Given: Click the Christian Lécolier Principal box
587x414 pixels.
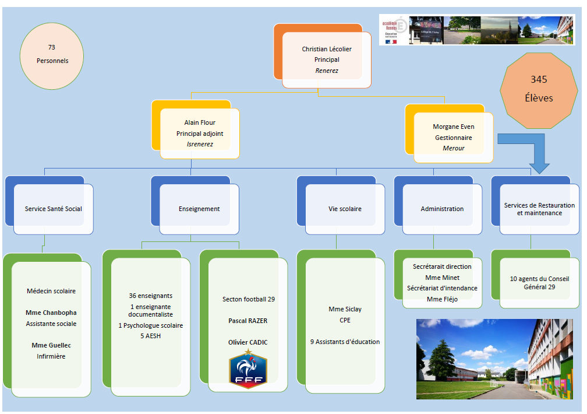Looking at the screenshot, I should (327, 60).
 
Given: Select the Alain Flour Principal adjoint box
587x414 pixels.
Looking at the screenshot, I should (200, 133).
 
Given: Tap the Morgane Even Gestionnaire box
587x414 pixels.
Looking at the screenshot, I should (454, 138).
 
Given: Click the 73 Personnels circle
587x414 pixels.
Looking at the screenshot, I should (52, 54).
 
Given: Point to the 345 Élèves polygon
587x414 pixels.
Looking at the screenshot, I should (539, 88).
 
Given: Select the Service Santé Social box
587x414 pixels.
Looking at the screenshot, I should (53, 209).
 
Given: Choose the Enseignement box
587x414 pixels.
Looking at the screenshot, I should (199, 209).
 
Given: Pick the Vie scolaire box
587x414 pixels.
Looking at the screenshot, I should (345, 209).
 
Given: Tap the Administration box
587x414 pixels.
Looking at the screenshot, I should (442, 209).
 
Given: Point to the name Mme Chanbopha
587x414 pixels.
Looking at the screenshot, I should (51, 313).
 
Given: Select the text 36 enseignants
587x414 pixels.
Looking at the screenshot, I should (151, 296).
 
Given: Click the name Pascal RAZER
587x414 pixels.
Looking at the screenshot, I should (248, 321).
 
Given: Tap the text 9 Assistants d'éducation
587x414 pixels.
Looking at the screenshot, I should (345, 342).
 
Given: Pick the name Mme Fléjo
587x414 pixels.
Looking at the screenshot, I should (442, 299).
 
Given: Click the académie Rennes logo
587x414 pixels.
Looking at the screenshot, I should (394, 30).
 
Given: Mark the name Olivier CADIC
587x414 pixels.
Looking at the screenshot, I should (248, 342).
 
